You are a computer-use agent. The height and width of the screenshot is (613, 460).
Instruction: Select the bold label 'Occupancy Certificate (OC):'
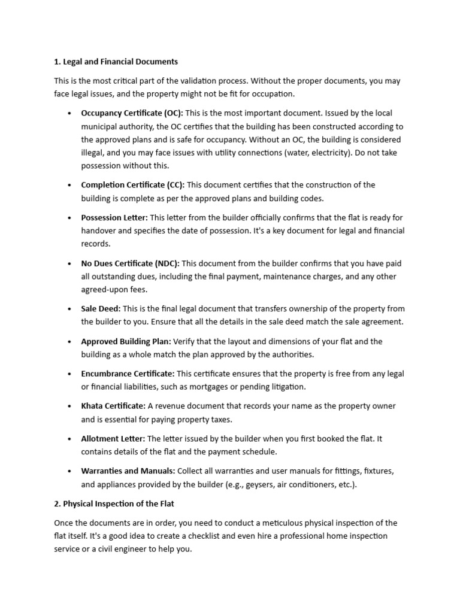coord(132,113)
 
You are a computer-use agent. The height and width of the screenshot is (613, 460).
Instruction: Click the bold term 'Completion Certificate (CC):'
coord(133,185)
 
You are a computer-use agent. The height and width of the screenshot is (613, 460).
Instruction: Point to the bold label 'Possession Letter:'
coord(114,217)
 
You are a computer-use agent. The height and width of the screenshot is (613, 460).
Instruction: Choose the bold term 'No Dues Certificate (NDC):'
coord(130,263)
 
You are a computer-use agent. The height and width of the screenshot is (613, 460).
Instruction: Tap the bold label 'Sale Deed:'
coord(101,309)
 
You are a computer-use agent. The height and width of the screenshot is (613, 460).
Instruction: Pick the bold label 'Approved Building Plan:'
coord(126,341)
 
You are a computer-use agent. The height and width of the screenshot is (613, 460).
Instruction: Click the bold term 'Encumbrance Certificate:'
coord(128,374)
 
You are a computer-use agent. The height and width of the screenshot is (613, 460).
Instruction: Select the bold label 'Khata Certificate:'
coord(113,406)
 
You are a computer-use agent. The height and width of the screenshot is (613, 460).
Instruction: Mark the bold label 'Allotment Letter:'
coord(113,439)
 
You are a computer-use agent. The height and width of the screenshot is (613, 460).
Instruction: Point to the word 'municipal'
coord(99,126)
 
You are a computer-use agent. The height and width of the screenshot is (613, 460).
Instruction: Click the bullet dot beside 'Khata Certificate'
coord(70,406)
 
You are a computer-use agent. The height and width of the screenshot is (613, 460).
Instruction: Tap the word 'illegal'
coord(94,153)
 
